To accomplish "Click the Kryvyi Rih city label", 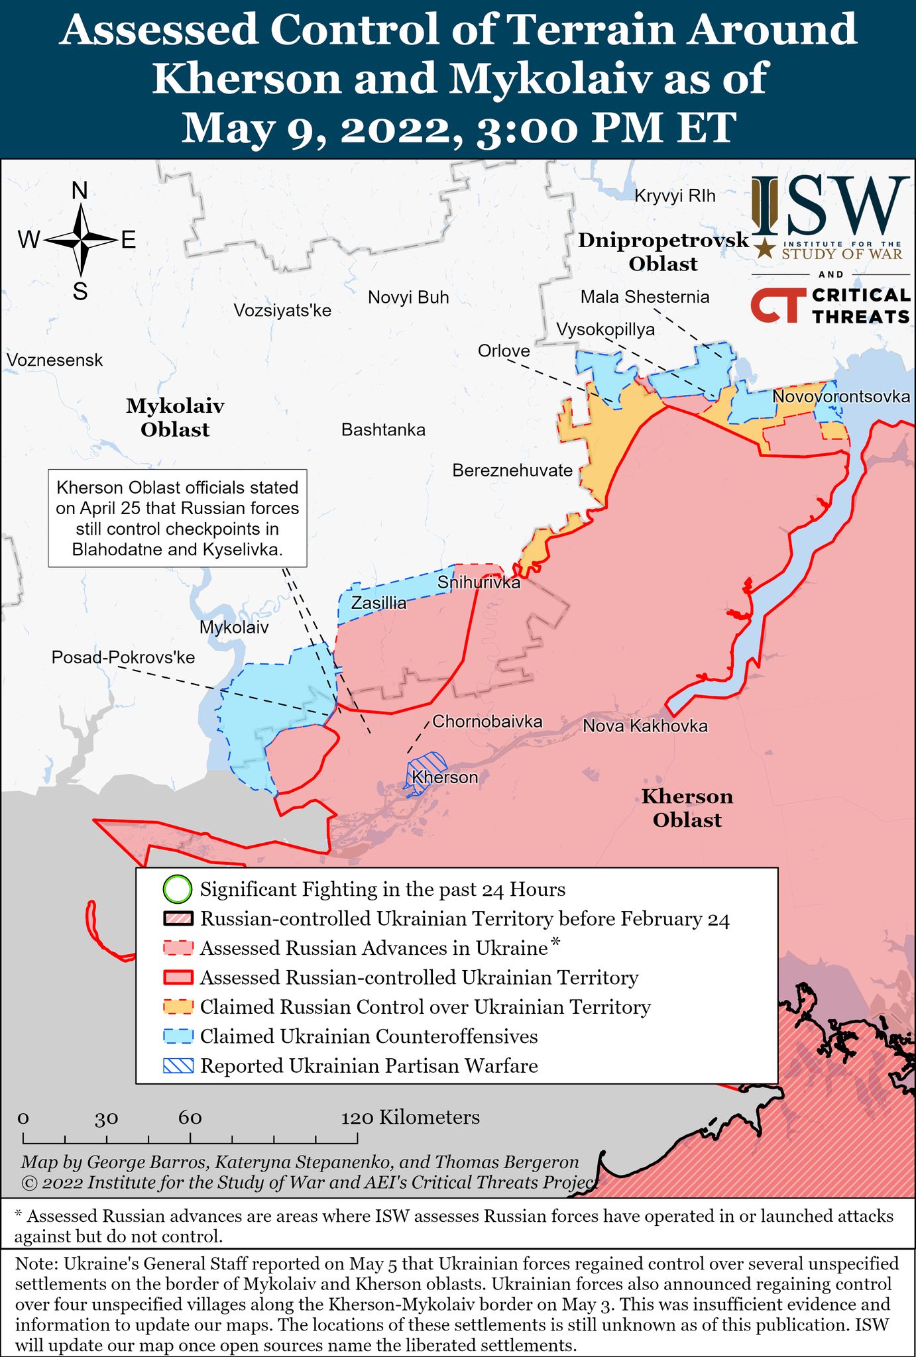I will [675, 195].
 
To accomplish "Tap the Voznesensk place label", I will [55, 360].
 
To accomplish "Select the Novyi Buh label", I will [408, 298].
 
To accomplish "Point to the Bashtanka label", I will [383, 430].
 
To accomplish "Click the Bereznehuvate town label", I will [512, 470].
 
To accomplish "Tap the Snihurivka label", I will [479, 582].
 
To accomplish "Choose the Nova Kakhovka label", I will [645, 726].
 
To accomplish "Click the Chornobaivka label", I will [487, 722].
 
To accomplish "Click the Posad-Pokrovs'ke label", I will [123, 657].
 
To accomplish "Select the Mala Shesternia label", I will [644, 297].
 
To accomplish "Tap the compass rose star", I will [80, 240].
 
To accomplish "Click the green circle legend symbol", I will [177, 889].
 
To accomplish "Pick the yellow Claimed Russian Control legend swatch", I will [178, 1007].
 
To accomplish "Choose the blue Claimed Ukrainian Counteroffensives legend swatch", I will [178, 1036].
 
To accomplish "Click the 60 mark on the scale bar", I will [190, 1137].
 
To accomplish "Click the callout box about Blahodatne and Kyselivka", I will [177, 518].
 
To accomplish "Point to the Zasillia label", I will [378, 603].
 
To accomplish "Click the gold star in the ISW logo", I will [766, 248].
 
